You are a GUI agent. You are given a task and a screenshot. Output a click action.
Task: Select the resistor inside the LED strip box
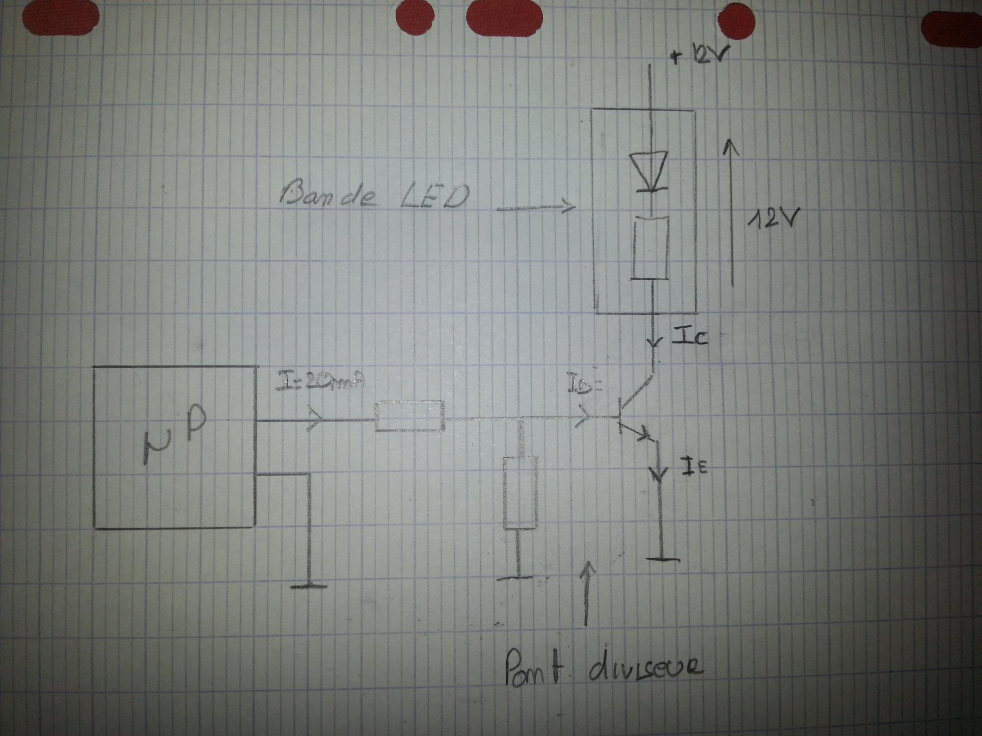650,248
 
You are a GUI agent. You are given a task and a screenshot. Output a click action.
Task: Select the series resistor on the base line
409,416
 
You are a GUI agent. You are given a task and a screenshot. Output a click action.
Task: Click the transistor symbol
631,417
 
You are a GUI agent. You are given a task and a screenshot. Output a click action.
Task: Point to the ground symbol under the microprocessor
309,585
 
